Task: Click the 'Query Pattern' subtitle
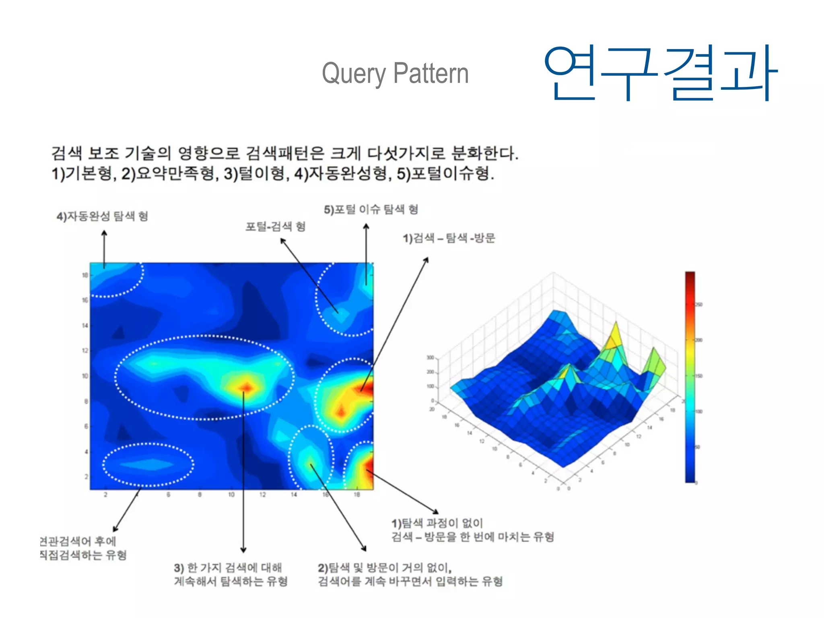pos(395,74)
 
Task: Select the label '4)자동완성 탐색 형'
pos(102,216)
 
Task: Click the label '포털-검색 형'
pos(276,227)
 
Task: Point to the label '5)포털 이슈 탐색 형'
pos(371,209)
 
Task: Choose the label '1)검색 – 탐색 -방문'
pos(449,238)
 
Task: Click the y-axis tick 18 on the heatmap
pos(85,275)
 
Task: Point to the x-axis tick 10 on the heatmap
pos(231,494)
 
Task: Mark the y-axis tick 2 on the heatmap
pos(86,476)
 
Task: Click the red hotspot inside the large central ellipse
pos(245,387)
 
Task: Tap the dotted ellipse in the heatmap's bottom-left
pos(148,465)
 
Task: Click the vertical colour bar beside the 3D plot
pos(690,377)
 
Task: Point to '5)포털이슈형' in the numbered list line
pos(445,174)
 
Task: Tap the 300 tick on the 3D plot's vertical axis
pos(430,357)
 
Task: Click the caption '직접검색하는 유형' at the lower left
pos(83,555)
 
